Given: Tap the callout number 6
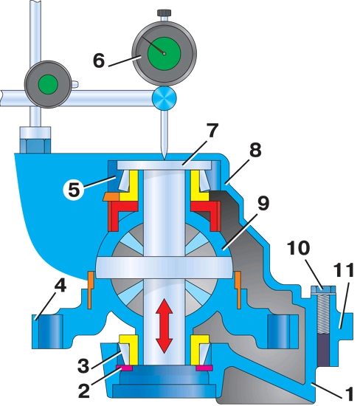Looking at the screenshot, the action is point(99,61).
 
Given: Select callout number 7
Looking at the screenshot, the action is point(212,131).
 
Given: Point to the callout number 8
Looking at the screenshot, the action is point(255,149).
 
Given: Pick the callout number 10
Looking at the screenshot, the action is point(298,248).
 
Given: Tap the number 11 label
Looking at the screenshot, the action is point(344,270).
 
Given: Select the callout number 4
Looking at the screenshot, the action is point(60,286).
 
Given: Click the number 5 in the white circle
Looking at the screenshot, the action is point(74,189).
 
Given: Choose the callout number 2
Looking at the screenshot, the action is point(83,390).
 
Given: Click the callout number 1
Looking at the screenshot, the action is point(349,394).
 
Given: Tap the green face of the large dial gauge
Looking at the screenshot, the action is point(164,53).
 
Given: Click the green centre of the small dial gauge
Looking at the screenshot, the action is point(48,84).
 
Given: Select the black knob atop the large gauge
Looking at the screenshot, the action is point(164,13).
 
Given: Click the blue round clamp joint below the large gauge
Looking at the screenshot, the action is point(165,98).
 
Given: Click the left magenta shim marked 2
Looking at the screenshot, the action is point(124,368).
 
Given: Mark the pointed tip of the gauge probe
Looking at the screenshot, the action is point(165,159).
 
